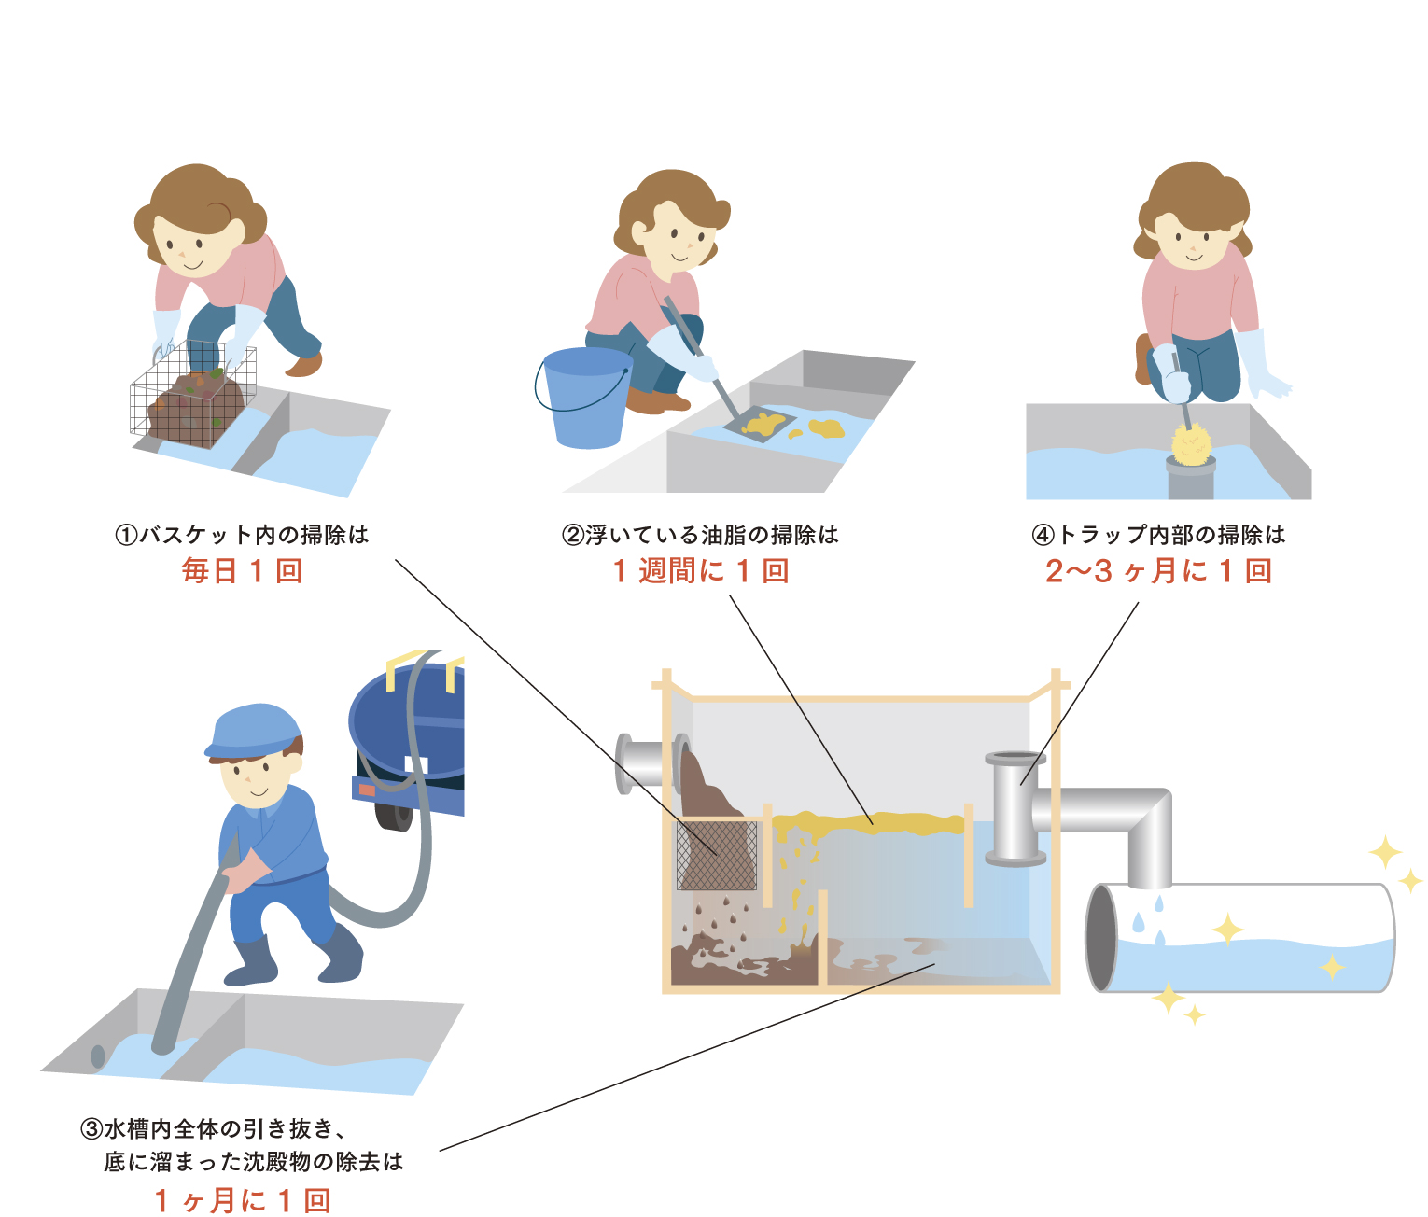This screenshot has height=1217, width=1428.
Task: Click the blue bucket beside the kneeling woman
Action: coord(586,399)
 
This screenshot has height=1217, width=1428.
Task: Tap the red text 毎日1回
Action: coord(243,570)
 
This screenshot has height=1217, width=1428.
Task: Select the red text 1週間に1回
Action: coord(701,570)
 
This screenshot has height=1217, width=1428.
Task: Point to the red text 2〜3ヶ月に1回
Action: coord(1158,570)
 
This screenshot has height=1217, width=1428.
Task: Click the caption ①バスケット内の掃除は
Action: coord(243,535)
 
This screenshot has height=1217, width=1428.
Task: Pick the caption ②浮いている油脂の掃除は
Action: coord(700,535)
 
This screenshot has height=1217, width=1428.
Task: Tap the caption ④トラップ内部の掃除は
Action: coord(1158,535)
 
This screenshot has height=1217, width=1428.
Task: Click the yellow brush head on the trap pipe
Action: coord(1191,443)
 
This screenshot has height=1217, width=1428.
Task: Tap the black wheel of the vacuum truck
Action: coord(393,814)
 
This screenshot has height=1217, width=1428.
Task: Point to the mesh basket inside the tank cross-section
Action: coord(716,855)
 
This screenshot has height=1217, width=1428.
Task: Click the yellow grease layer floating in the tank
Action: coord(868,824)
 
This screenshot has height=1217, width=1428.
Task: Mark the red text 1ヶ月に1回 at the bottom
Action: coord(243,1200)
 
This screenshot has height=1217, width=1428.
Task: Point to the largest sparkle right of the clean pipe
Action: coord(1385,853)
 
